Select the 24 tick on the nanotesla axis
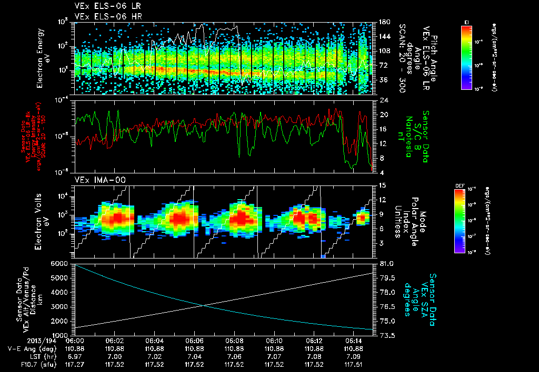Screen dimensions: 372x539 point(384,100)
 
